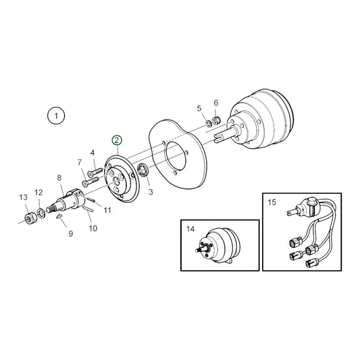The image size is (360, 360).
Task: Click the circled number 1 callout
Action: pyautogui.click(x=57, y=116)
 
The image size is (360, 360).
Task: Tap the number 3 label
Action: pyautogui.click(x=151, y=192)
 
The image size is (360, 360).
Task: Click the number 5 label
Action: pyautogui.click(x=199, y=108)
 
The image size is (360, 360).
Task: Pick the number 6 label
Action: pyautogui.click(x=215, y=103)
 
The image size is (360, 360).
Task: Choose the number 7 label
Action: pyautogui.click(x=79, y=163)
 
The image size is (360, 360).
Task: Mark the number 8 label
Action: pyautogui.click(x=59, y=178)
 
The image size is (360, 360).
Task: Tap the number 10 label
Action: pyautogui.click(x=93, y=228)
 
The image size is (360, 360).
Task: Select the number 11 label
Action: pyautogui.click(x=107, y=211)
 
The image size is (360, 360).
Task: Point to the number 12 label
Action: pyautogui.click(x=38, y=192)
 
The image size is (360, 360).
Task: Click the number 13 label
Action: pyautogui.click(x=24, y=197)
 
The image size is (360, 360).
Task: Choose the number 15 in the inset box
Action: pyautogui.click(x=272, y=202)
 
